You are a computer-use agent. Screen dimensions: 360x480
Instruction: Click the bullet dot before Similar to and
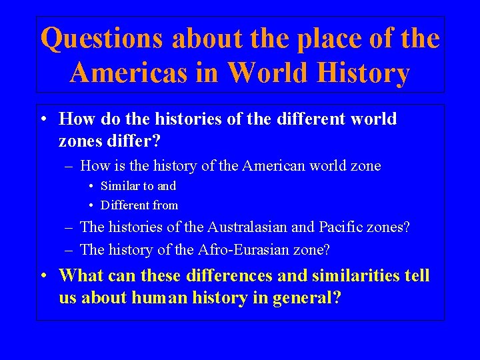point(91,187)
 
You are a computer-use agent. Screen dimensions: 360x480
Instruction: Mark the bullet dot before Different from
point(91,205)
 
